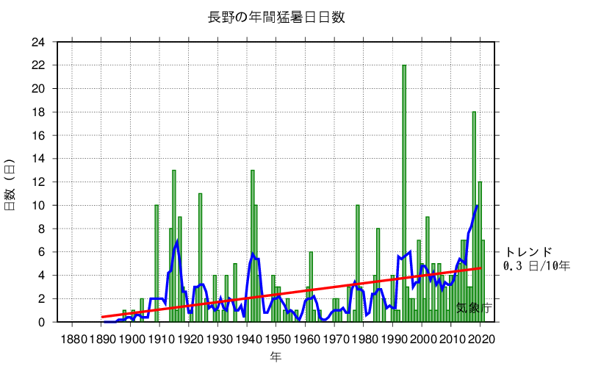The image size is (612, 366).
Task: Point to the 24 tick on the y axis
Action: click(x=37, y=42)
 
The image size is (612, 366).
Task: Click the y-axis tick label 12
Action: click(x=37, y=182)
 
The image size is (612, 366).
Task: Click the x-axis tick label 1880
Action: click(x=72, y=339)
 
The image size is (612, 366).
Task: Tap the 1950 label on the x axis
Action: click(x=277, y=339)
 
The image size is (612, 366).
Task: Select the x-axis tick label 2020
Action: click(x=481, y=339)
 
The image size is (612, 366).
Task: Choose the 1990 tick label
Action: click(x=394, y=339)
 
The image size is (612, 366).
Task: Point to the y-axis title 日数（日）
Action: click(x=11, y=184)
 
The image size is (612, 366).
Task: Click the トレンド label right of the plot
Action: click(x=528, y=252)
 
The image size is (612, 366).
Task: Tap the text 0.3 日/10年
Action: click(x=537, y=265)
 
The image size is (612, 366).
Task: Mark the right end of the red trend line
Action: click(x=481, y=268)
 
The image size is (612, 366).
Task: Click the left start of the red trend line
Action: click(x=102, y=317)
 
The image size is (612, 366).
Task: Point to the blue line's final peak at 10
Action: click(x=478, y=206)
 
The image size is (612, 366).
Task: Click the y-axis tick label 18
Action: click(x=37, y=112)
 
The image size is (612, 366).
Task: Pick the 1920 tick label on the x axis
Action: click(x=190, y=339)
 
